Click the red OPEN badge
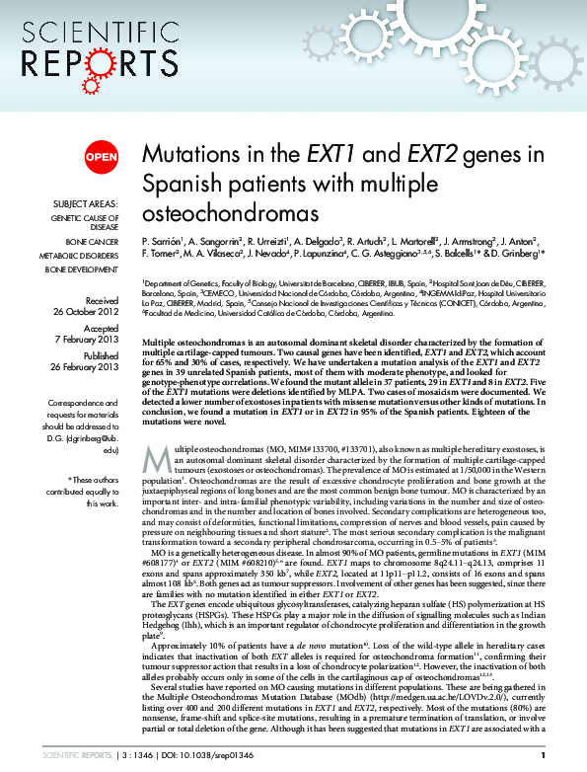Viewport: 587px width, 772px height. click(x=102, y=156)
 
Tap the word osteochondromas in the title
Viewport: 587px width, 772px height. click(x=231, y=212)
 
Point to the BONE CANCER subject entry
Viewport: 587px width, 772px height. click(x=91, y=241)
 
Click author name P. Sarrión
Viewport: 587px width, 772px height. click(x=165, y=242)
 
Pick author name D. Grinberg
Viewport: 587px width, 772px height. click(x=543, y=256)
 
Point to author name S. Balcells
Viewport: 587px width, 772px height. click(x=479, y=256)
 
